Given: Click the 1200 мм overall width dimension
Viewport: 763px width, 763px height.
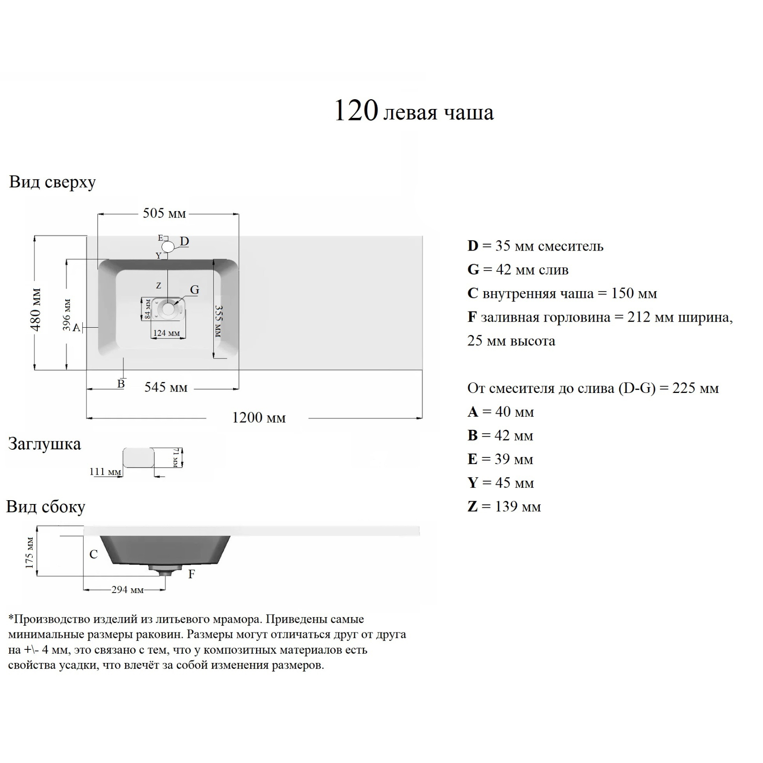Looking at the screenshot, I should [x=259, y=418].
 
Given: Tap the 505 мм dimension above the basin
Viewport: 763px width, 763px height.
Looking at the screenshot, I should [x=164, y=213].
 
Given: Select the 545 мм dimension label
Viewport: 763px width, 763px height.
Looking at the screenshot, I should [x=166, y=387].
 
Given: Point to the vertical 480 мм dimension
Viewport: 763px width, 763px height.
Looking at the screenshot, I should [x=36, y=309].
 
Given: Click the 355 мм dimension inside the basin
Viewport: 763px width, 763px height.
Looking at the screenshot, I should [x=218, y=321].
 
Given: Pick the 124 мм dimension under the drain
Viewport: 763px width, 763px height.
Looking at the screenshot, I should [x=166, y=333].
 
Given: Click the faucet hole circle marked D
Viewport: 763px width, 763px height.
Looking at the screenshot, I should [x=168, y=247].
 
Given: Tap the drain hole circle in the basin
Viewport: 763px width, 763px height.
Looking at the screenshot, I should [x=168, y=309].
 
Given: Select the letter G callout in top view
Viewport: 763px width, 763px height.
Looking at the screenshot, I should [x=195, y=290].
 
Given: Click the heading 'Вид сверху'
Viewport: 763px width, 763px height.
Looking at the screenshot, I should [x=53, y=182].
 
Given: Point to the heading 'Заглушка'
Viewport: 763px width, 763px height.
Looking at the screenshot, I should [x=45, y=444].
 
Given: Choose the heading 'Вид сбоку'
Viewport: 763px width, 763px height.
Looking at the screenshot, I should [x=46, y=507].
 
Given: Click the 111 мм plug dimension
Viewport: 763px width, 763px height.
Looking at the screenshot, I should [x=105, y=472].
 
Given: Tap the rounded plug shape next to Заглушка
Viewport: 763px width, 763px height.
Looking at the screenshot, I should [x=138, y=458].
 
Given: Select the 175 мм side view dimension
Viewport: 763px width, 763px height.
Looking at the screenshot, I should [x=29, y=552].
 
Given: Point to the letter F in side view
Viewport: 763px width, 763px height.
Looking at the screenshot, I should [x=192, y=574].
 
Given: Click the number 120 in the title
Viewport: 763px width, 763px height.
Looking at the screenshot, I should [x=356, y=111].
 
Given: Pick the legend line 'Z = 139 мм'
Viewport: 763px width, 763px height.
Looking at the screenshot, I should [x=504, y=507].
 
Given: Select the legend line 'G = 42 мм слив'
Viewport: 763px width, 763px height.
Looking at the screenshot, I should [x=518, y=270].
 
